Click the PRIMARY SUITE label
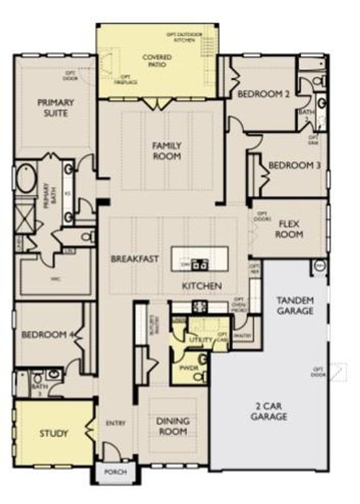coord(55,108)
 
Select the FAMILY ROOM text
coord(167,151)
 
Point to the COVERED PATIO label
coord(157,62)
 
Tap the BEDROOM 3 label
coord(294,165)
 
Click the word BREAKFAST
coord(135,259)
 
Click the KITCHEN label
coord(201,286)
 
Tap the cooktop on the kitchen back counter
coord(199,307)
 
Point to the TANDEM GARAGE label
coord(294,305)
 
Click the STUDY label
coord(54,433)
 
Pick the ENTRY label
coord(115,423)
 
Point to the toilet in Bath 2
coord(319,81)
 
